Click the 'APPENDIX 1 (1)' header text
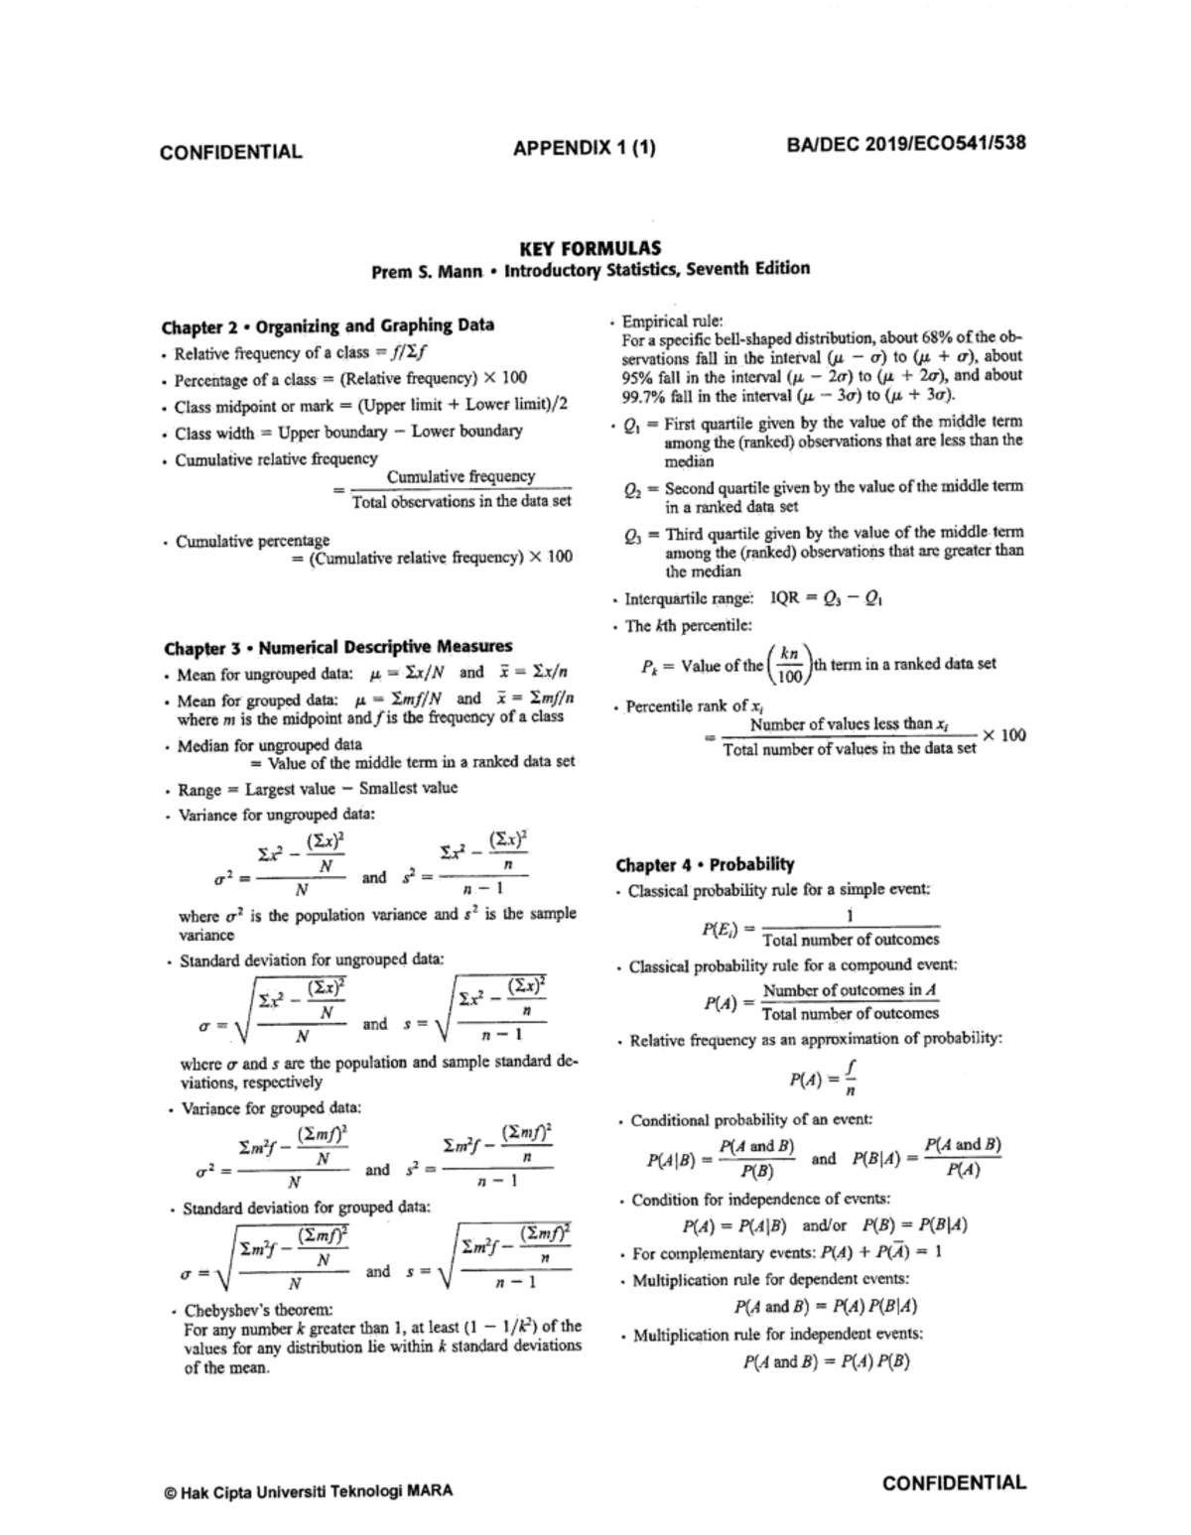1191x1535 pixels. coord(584,149)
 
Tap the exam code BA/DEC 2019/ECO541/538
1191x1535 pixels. coord(906,143)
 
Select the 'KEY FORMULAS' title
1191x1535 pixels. coord(591,248)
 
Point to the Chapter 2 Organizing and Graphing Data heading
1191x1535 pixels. coord(328,325)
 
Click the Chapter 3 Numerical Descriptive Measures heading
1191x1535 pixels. coord(337,648)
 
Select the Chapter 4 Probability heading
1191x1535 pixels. coord(705,864)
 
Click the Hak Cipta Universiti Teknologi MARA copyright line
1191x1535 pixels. coord(309,1490)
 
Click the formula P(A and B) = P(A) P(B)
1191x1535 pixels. coord(826,1361)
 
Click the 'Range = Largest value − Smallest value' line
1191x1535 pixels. coord(318,790)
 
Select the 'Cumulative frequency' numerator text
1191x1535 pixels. coord(461,477)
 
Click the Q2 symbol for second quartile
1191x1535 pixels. coord(633,488)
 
